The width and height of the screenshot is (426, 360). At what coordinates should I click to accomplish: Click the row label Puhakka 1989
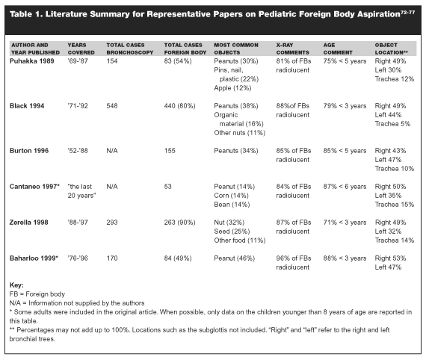tap(32, 61)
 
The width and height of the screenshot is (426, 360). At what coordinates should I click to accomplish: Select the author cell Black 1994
tap(27, 106)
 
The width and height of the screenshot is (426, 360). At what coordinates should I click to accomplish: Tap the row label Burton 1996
tap(29, 151)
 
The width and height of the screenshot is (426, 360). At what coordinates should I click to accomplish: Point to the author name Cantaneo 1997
tap(34, 187)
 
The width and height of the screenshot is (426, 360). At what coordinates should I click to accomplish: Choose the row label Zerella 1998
tap(29, 223)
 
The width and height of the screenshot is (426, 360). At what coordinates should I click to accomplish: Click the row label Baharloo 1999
tap(34, 258)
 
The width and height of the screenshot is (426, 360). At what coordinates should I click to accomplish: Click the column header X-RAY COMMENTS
tap(293, 49)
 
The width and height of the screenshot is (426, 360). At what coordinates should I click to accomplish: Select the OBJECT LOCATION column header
tap(391, 49)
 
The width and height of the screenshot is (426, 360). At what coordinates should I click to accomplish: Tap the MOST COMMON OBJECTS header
tap(236, 49)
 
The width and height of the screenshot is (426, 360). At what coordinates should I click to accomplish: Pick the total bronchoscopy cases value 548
tap(112, 106)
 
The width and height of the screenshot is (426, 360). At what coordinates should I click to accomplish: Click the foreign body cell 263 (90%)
tap(179, 223)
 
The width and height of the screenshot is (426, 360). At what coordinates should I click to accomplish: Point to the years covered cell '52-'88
tap(78, 151)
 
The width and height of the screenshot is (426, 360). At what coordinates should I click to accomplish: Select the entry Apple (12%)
tap(232, 88)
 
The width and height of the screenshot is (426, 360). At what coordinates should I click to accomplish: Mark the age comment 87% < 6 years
tap(345, 187)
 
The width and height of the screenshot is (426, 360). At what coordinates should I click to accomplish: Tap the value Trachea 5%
tap(392, 124)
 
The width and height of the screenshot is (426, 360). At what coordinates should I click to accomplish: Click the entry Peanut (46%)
tap(235, 258)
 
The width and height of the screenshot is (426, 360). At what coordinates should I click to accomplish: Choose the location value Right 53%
tap(390, 258)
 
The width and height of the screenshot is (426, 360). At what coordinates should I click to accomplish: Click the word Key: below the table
tap(16, 285)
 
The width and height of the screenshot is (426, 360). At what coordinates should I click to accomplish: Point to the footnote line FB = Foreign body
tap(37, 294)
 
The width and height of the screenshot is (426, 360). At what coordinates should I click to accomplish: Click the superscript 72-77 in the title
tap(407, 13)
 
